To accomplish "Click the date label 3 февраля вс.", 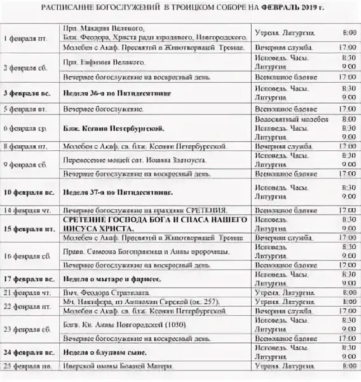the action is coord(27,92).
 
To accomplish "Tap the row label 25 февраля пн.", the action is coord(27,366).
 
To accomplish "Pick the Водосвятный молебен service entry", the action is coord(281,119).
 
